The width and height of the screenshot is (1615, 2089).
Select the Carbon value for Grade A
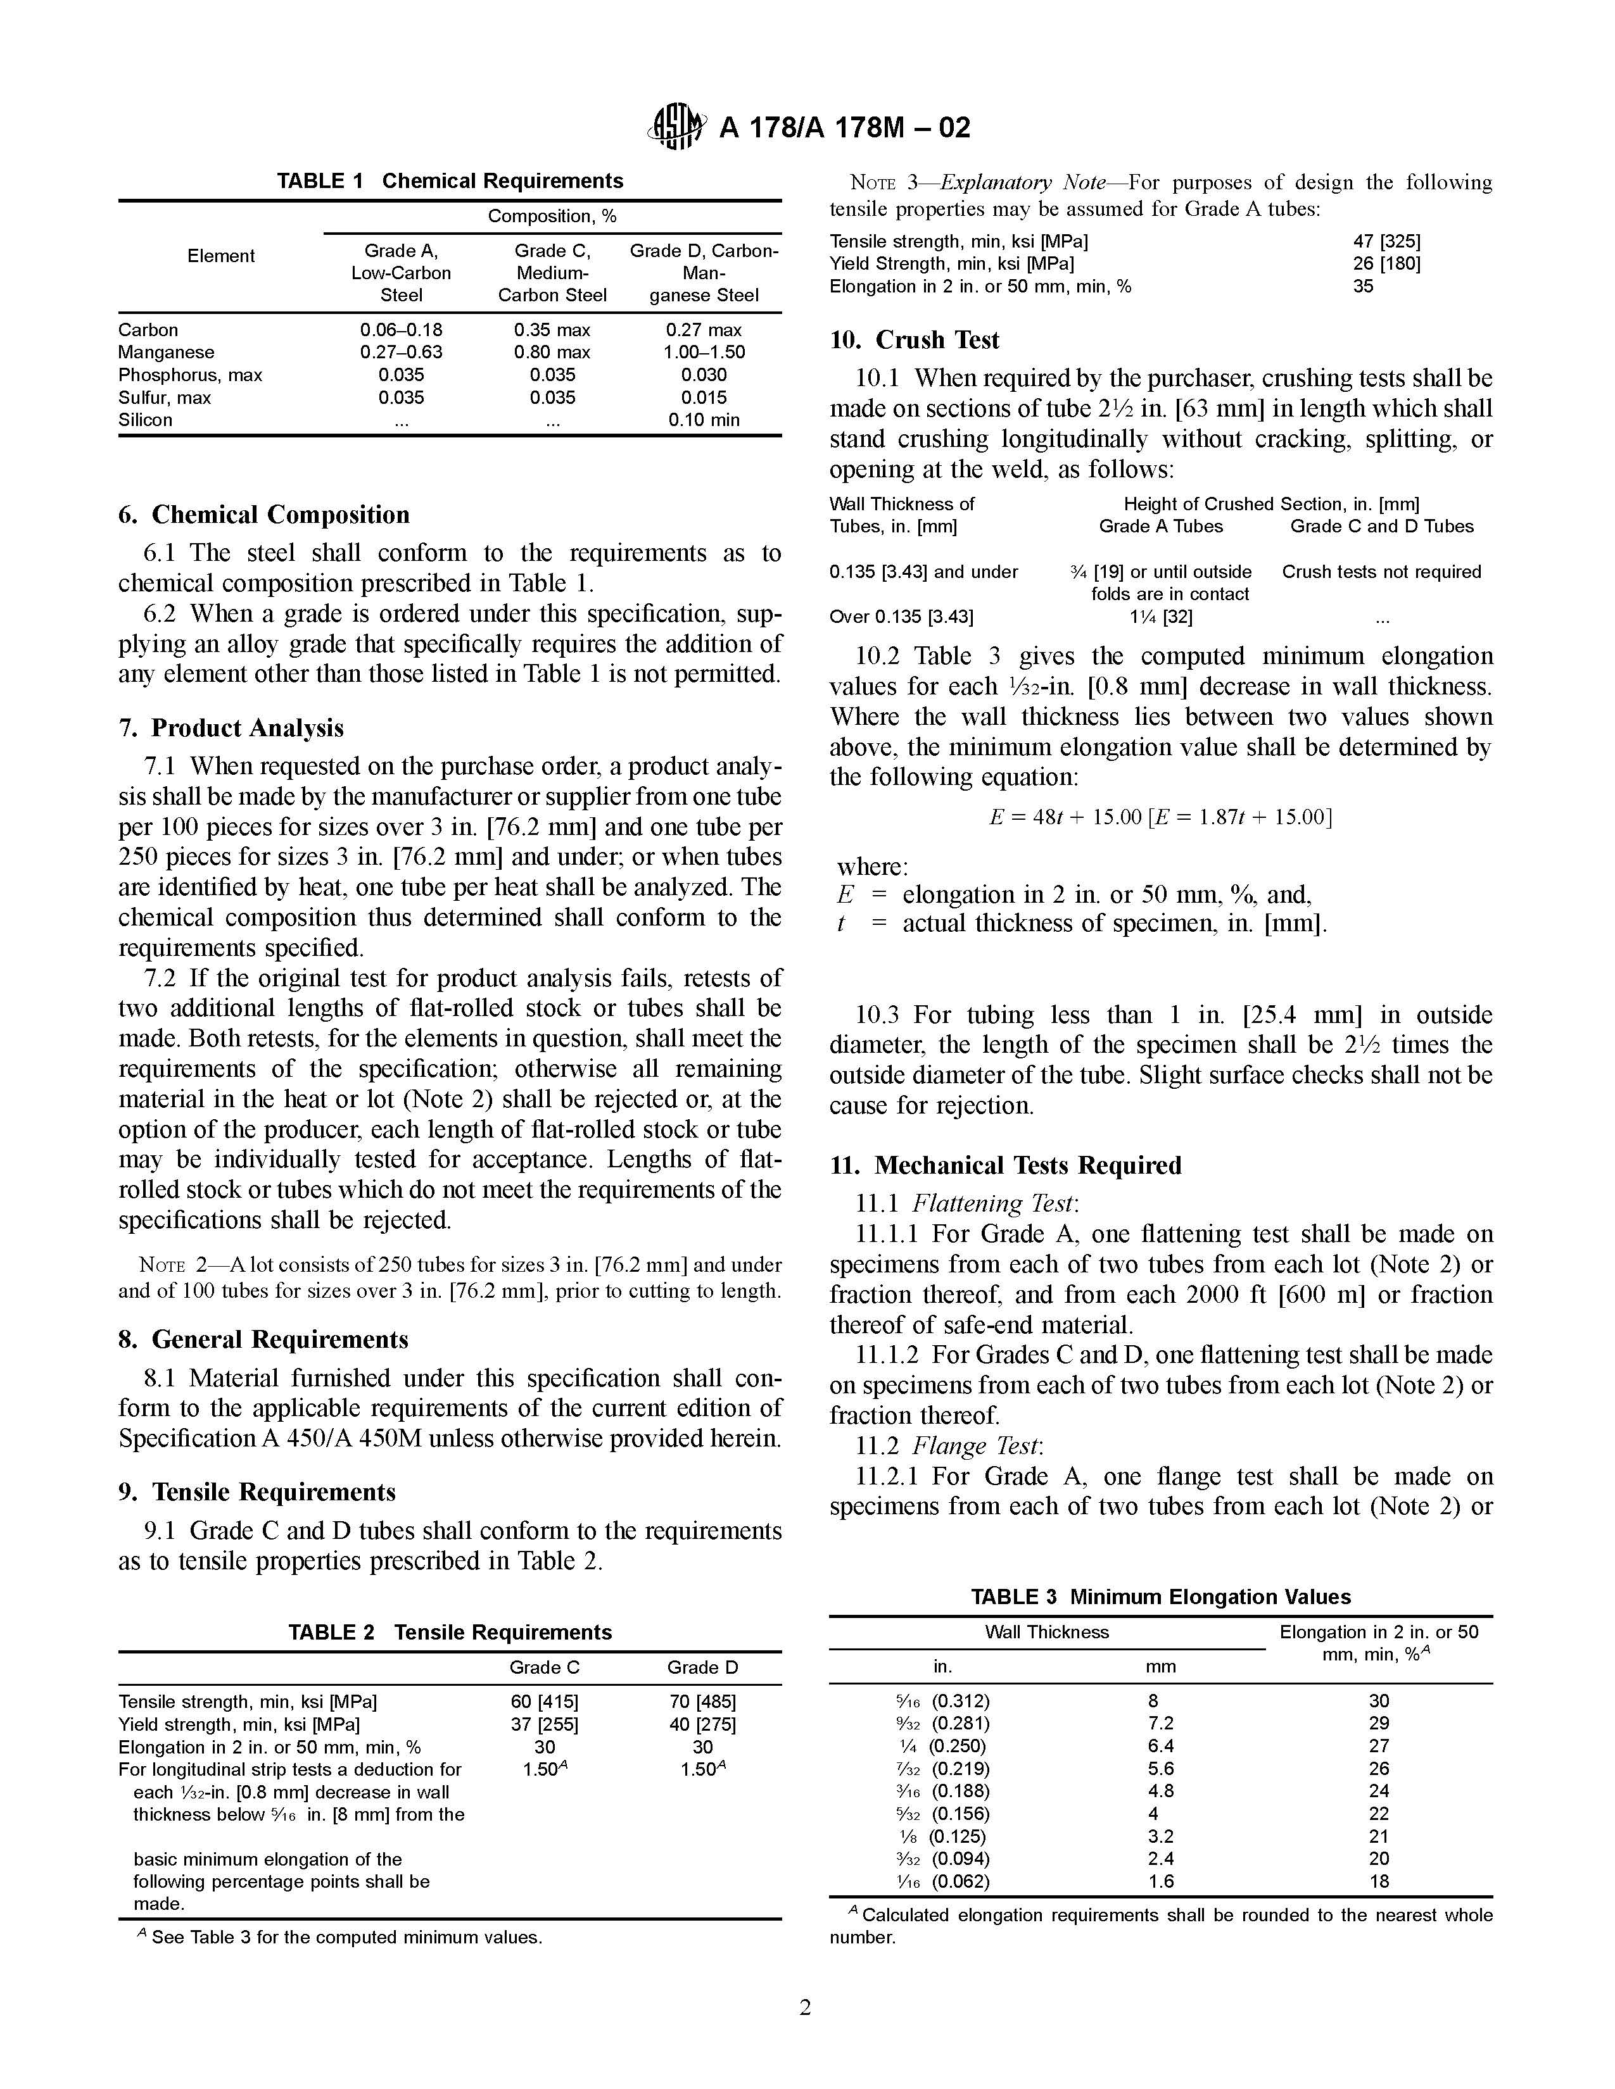401,330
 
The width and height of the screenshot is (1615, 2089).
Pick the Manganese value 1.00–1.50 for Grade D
704,352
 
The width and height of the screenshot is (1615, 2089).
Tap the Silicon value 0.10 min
704,420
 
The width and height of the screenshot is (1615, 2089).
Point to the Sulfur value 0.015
704,397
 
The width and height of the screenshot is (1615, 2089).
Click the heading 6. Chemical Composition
264,515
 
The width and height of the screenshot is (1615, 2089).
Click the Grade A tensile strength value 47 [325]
1386,241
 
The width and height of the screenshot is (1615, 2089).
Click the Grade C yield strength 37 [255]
545,1724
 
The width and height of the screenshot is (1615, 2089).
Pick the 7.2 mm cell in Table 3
1160,1722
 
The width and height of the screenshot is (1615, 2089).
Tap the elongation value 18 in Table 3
1379,1881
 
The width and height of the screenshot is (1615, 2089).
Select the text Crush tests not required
1381,572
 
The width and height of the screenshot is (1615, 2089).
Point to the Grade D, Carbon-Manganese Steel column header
704,273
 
